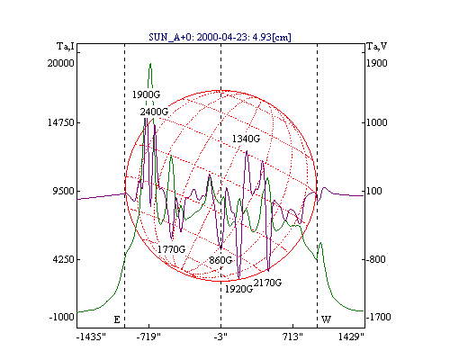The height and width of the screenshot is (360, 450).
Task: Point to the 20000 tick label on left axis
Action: coord(61,63)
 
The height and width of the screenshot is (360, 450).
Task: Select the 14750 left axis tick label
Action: coord(61,122)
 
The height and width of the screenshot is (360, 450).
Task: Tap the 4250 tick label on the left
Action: coord(63,259)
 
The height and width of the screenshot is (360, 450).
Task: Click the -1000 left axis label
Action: coord(62,317)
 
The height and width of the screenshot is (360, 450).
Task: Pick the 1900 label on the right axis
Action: coord(377,63)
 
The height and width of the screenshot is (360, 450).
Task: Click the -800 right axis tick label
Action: coord(375,259)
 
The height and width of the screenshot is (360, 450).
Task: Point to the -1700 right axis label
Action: coord(378,317)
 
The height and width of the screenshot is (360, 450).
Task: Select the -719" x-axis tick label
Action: coord(148,337)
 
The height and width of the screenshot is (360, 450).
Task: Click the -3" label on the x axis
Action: coord(220,337)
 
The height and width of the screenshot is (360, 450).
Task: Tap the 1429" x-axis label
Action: coord(351,337)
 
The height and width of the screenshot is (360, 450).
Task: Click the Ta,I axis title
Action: coord(66,47)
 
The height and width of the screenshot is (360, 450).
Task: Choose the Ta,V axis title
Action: coord(377,47)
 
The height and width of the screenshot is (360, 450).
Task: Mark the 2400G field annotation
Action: coord(154,112)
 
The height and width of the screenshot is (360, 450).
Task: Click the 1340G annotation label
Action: coord(246,139)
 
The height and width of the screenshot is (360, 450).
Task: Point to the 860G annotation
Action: coord(220,260)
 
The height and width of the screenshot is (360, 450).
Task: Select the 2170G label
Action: coord(267,283)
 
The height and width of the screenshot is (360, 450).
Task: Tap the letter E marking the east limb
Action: coord(117,319)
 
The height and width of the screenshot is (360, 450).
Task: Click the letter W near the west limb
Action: coord(326,319)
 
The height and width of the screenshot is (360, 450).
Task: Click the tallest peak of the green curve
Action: coord(150,63)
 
